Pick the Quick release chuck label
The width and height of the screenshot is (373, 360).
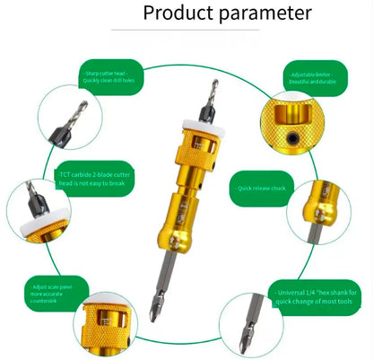click(x=263, y=189)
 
